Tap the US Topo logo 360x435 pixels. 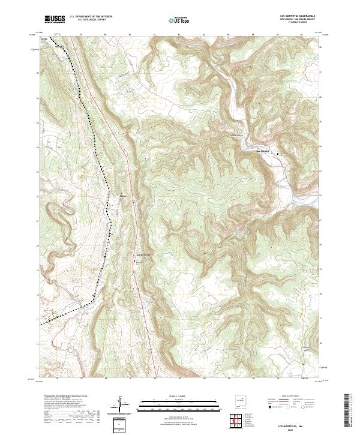181,20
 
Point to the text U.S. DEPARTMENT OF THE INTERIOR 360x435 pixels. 91,17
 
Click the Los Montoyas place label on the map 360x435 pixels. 145,254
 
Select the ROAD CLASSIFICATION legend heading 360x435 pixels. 292,396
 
